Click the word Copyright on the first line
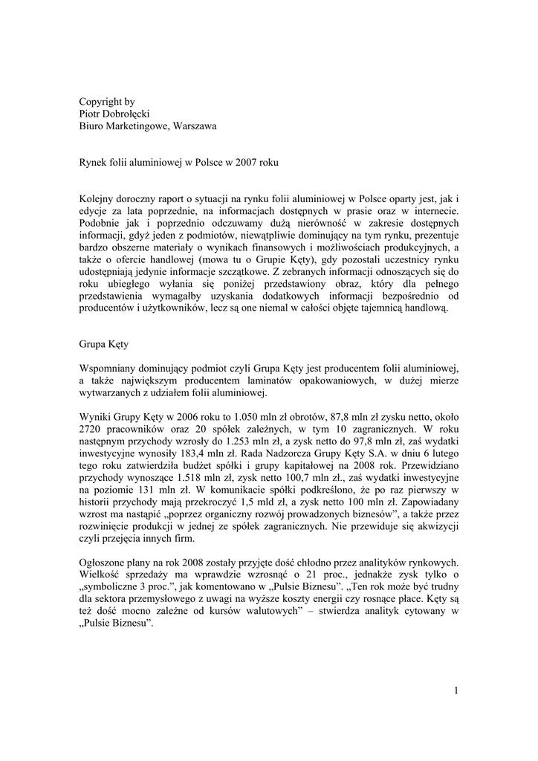(103, 101)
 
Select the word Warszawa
(192, 126)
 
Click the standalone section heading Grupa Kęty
(106, 345)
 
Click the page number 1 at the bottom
(456, 692)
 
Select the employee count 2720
(93, 430)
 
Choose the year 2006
(190, 418)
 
